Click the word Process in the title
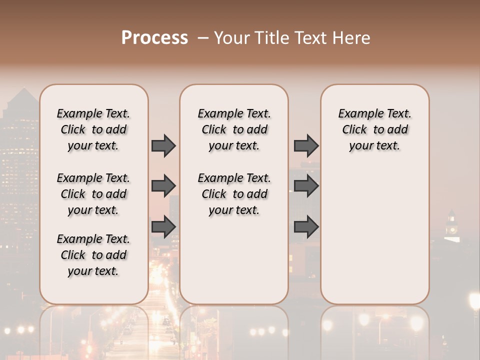click(154, 38)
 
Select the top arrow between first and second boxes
click(163, 145)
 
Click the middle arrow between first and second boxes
click(163, 186)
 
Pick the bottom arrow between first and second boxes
click(163, 227)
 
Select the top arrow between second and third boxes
click(306, 145)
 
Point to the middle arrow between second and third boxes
click(306, 186)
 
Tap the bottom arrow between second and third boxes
click(306, 227)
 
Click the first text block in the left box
click(93, 129)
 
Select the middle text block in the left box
click(93, 194)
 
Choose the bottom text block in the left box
click(93, 255)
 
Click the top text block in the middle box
click(234, 129)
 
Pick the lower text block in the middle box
click(234, 194)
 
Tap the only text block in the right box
click(374, 129)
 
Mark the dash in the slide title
click(202, 38)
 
